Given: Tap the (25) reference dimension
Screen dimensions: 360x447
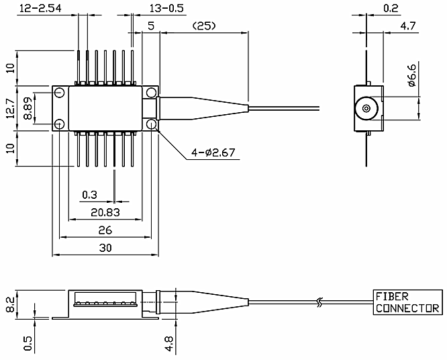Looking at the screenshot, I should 204,26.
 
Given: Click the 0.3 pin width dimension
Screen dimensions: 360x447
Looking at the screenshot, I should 89,195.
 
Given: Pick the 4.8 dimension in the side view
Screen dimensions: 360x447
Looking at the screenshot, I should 169,343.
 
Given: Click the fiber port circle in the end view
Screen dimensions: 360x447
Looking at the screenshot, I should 366,107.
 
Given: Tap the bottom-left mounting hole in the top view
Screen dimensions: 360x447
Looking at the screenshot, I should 60,124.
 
